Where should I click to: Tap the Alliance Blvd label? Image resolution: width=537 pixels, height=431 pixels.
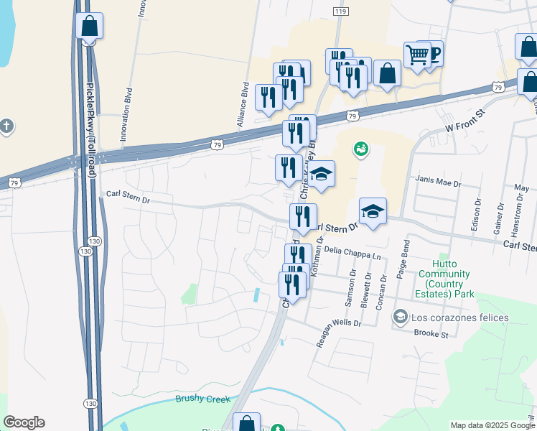(x=244, y=106)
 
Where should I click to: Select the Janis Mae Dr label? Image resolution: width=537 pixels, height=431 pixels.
(x=438, y=183)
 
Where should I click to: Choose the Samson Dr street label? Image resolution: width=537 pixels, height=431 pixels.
(x=352, y=289)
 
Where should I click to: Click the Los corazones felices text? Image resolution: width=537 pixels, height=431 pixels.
(x=459, y=318)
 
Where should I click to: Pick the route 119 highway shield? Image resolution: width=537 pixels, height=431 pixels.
(x=340, y=12)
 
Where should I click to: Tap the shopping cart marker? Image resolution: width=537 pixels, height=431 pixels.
(x=417, y=54)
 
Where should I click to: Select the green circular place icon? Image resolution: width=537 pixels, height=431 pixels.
(x=360, y=150)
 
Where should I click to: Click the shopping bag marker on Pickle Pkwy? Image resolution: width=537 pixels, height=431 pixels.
(x=90, y=26)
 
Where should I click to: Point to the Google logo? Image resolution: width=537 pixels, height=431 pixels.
(x=24, y=422)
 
